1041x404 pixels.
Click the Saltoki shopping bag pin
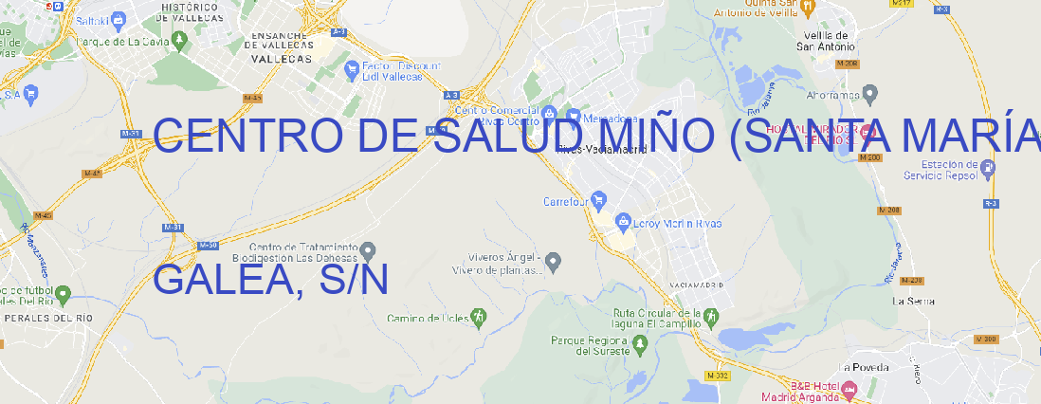click(118, 18)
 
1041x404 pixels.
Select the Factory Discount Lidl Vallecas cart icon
click(351, 68)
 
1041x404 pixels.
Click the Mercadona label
click(608, 119)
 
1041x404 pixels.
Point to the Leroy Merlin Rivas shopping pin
click(623, 223)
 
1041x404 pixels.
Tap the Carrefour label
click(567, 201)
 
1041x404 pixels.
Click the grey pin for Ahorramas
click(871, 93)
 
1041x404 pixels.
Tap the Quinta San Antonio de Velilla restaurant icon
click(808, 8)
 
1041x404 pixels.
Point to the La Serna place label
click(914, 301)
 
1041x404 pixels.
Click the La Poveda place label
click(865, 367)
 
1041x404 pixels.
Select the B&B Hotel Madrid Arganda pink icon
click(849, 389)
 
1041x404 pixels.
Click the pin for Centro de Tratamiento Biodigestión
click(368, 251)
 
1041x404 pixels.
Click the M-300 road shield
click(986, 339)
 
